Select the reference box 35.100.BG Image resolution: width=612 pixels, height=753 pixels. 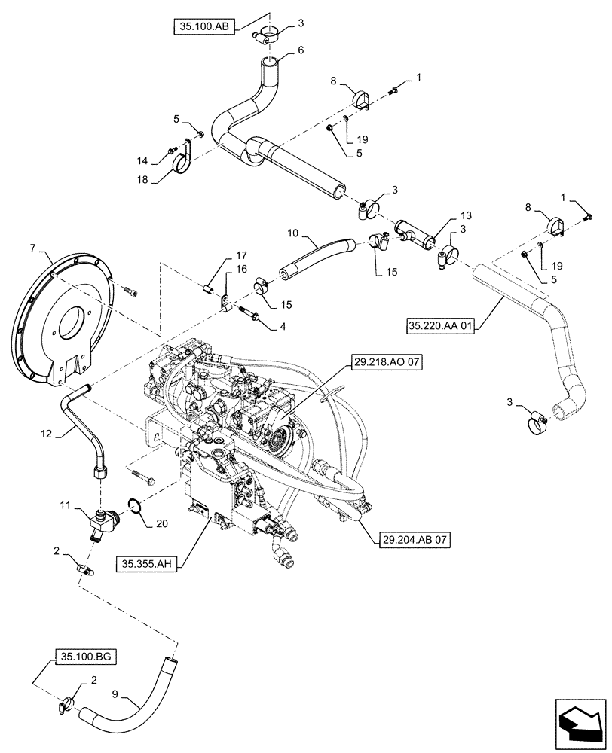tap(85, 657)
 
